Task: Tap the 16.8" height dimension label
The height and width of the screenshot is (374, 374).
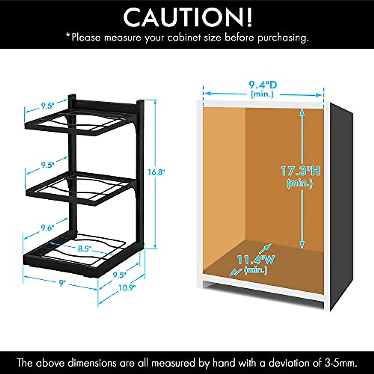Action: click(x=156, y=172)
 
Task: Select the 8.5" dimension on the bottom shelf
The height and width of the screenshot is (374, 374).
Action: click(x=84, y=249)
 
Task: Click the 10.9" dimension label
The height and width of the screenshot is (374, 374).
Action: click(x=127, y=287)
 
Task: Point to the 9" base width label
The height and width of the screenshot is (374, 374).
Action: click(x=63, y=283)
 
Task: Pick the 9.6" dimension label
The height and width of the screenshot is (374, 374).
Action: click(x=47, y=228)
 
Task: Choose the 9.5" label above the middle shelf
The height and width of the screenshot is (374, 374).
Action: click(x=48, y=165)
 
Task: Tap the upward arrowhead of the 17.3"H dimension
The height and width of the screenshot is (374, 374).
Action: click(x=302, y=112)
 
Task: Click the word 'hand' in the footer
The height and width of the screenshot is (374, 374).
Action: click(x=224, y=363)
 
